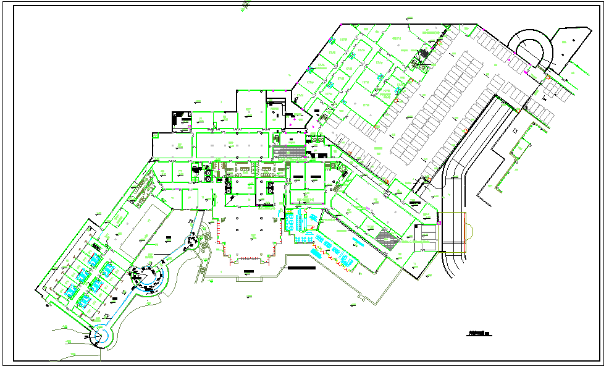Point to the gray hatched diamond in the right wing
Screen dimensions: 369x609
click(387, 238)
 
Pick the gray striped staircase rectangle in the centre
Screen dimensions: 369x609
click(290, 152)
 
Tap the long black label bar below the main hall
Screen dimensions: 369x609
click(300, 268)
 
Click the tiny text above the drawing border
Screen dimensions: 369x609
click(246, 4)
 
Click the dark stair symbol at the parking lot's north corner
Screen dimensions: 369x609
click(424, 54)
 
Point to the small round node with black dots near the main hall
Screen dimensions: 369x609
click(197, 242)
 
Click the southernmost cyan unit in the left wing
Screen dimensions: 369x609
click(82, 300)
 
